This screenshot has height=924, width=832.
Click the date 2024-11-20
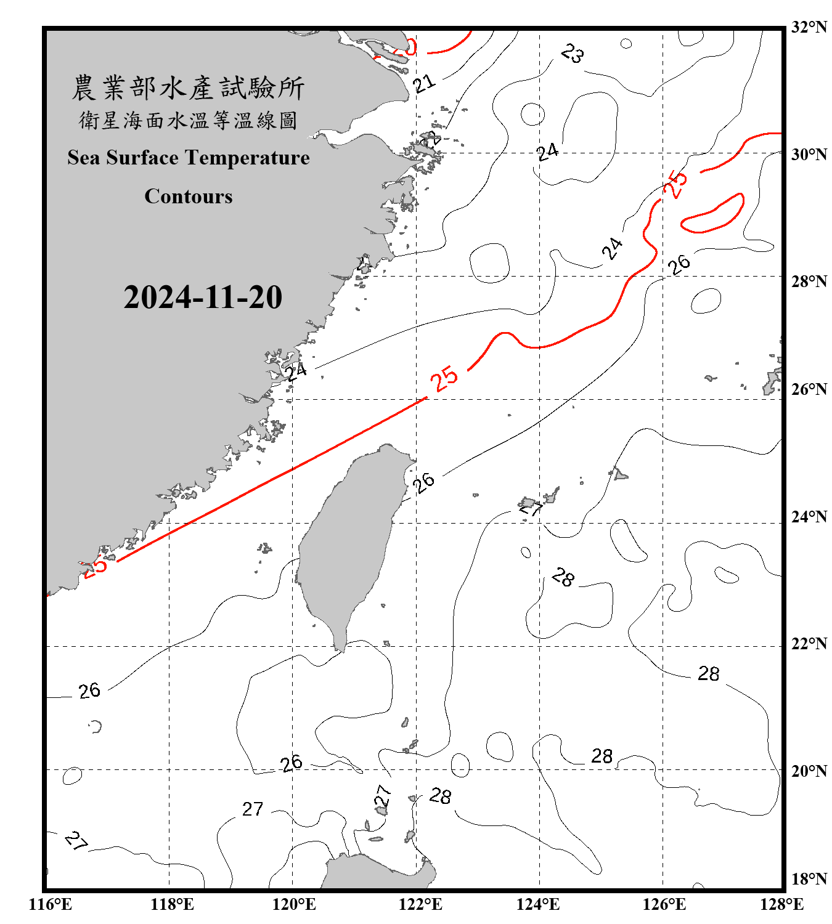coord(203,298)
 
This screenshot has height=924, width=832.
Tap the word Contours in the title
coord(189,196)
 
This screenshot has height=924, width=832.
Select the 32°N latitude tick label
coord(809,27)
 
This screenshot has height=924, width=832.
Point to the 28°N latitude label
coord(809,282)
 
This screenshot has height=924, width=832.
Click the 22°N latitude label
coord(809,644)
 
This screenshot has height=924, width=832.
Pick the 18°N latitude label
coord(809,879)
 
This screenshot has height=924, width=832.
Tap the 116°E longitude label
coord(51,904)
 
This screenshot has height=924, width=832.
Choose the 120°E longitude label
coord(294,904)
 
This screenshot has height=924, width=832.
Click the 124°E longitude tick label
coord(538,904)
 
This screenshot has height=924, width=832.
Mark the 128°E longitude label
coord(781,904)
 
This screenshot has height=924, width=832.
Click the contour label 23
coord(572,54)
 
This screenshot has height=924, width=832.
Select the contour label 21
coord(424,83)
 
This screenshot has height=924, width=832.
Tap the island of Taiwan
coord(348,542)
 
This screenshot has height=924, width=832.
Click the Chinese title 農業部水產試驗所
coord(188,88)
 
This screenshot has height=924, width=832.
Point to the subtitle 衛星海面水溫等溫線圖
coord(188,120)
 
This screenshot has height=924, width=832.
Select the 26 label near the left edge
coord(89,691)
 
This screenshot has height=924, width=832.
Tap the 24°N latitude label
coord(809,517)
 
